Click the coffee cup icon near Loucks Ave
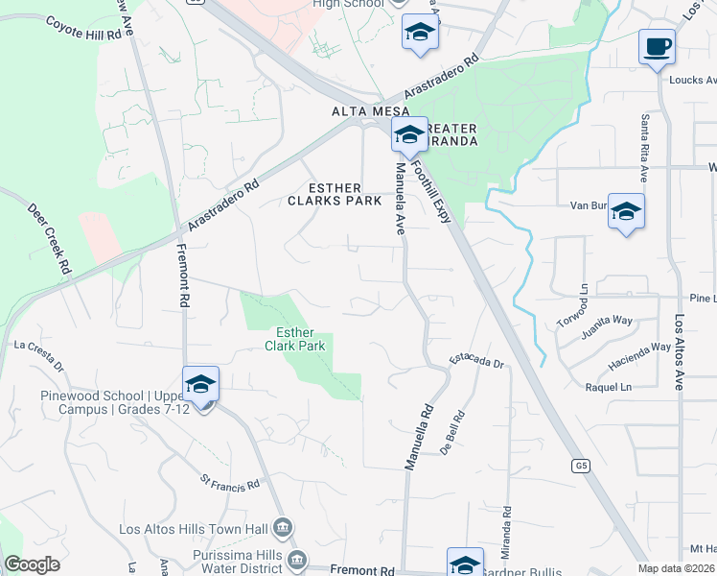click(x=657, y=46)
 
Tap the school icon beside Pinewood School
click(x=201, y=385)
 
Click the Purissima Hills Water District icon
click(x=297, y=558)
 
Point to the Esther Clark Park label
click(x=301, y=339)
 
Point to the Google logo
click(x=32, y=564)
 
